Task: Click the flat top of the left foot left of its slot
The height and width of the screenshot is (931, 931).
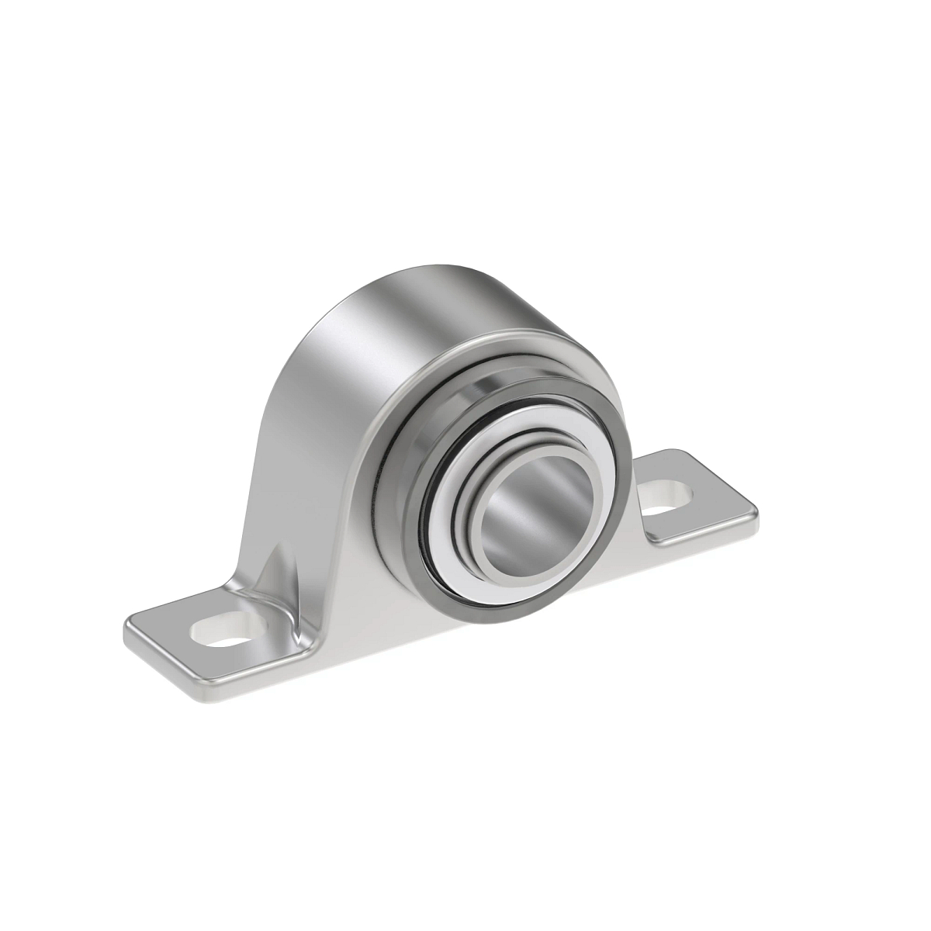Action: [x=167, y=632]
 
